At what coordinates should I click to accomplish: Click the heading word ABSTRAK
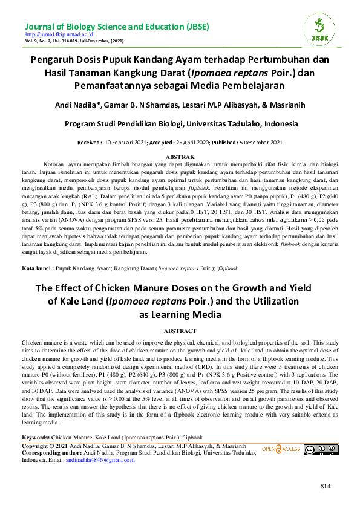[x=179, y=156]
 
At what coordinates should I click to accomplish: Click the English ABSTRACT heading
[x=180, y=331]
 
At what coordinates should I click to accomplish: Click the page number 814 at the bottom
[x=327, y=487]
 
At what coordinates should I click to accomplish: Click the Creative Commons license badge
[x=317, y=449]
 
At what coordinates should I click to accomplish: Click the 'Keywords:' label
[x=36, y=436]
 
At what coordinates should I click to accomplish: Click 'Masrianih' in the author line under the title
[x=272, y=104]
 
